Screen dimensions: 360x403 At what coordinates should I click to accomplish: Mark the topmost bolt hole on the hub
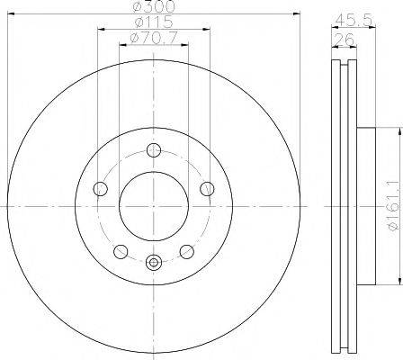154,150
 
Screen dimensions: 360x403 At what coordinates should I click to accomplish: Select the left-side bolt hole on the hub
101,189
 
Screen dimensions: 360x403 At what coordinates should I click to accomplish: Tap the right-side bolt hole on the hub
207,189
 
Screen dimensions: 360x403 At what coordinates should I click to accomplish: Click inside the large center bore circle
154,206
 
